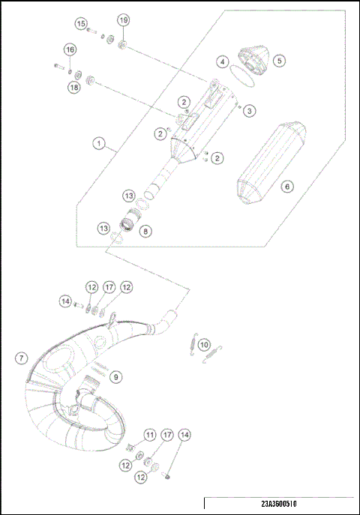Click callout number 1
pos(97,142)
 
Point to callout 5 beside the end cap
pos(278,60)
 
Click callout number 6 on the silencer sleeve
pos(286,184)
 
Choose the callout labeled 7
pos(20,358)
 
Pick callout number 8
pos(145,232)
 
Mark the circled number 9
pos(115,376)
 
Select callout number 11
pos(150,435)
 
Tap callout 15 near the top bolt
pos(80,24)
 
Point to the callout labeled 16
pos(70,49)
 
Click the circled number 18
pos(73,88)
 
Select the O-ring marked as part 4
pos(238,73)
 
